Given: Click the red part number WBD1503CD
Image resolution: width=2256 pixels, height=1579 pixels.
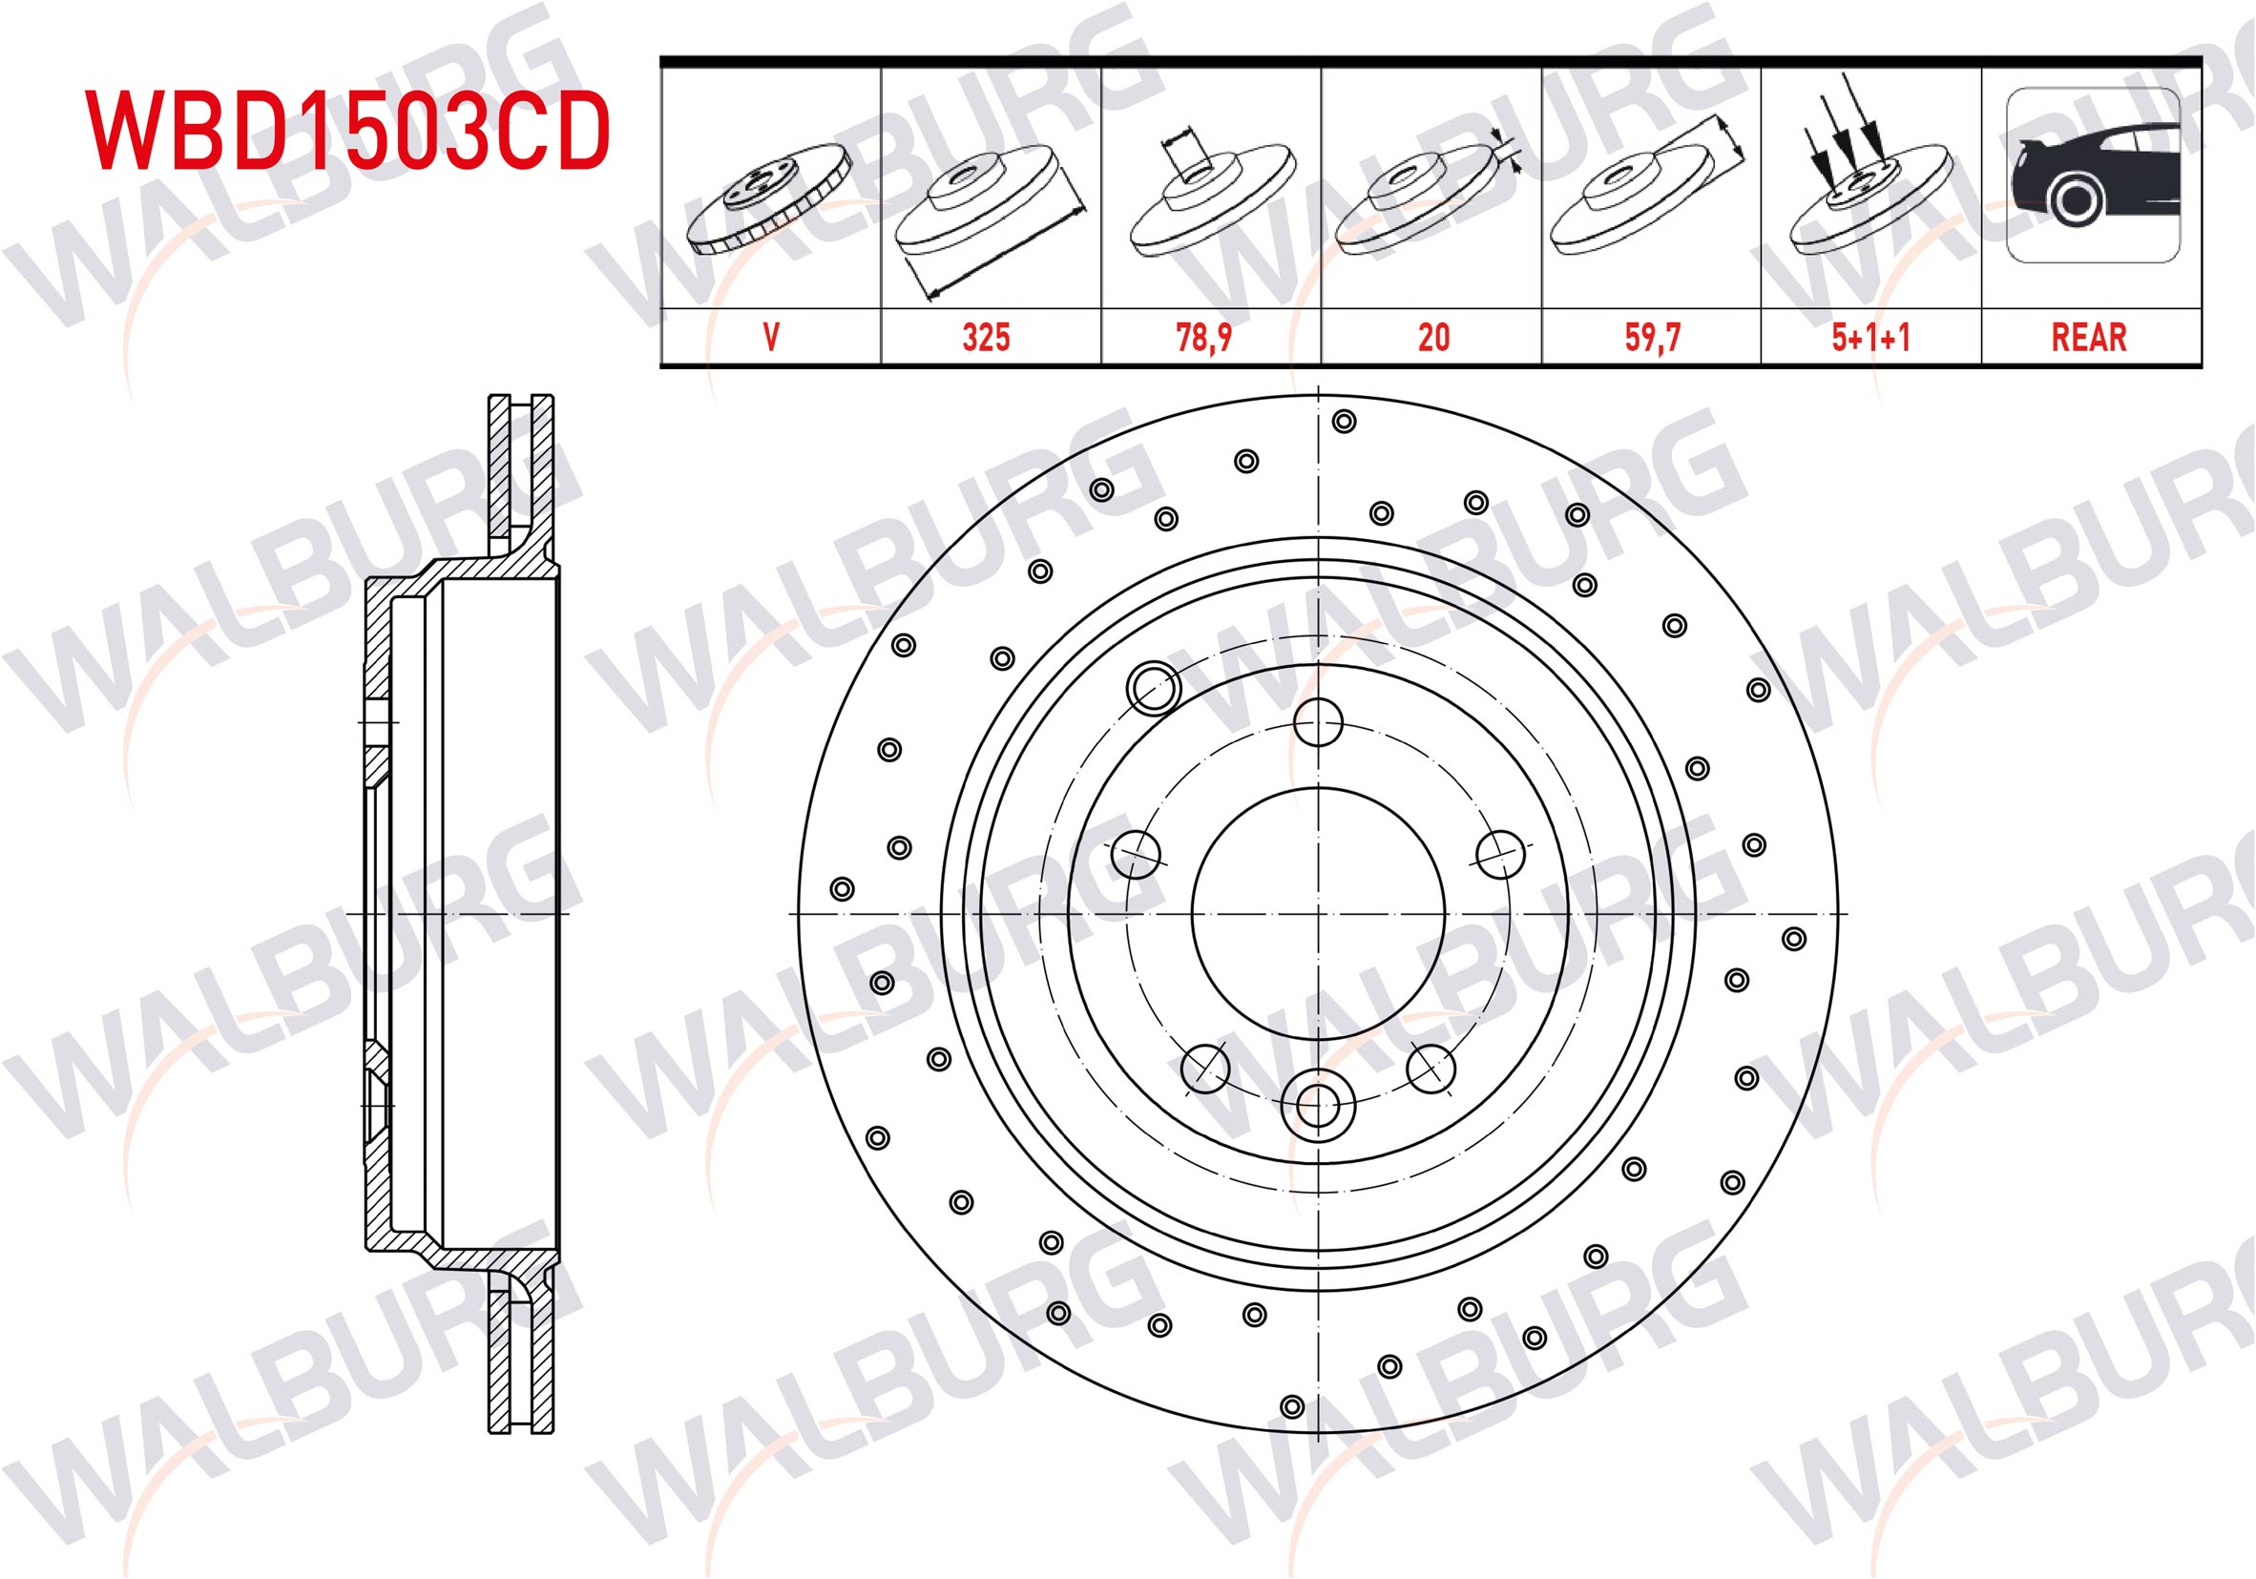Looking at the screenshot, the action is coord(347,132).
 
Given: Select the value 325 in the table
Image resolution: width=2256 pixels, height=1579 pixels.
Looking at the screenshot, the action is coord(987,337).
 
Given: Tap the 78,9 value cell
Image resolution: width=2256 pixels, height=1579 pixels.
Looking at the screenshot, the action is coord(1203,337).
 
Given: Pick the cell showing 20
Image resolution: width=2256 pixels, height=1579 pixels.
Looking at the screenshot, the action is coord(1433,337).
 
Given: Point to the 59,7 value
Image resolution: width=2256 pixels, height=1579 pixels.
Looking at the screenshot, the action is coord(1653,337).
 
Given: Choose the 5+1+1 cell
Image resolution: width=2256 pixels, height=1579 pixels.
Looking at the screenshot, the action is coord(1870,337).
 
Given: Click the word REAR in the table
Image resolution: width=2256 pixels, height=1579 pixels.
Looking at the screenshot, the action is coord(2089,337).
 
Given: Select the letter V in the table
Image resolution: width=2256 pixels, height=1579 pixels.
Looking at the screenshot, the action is coord(771,337).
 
